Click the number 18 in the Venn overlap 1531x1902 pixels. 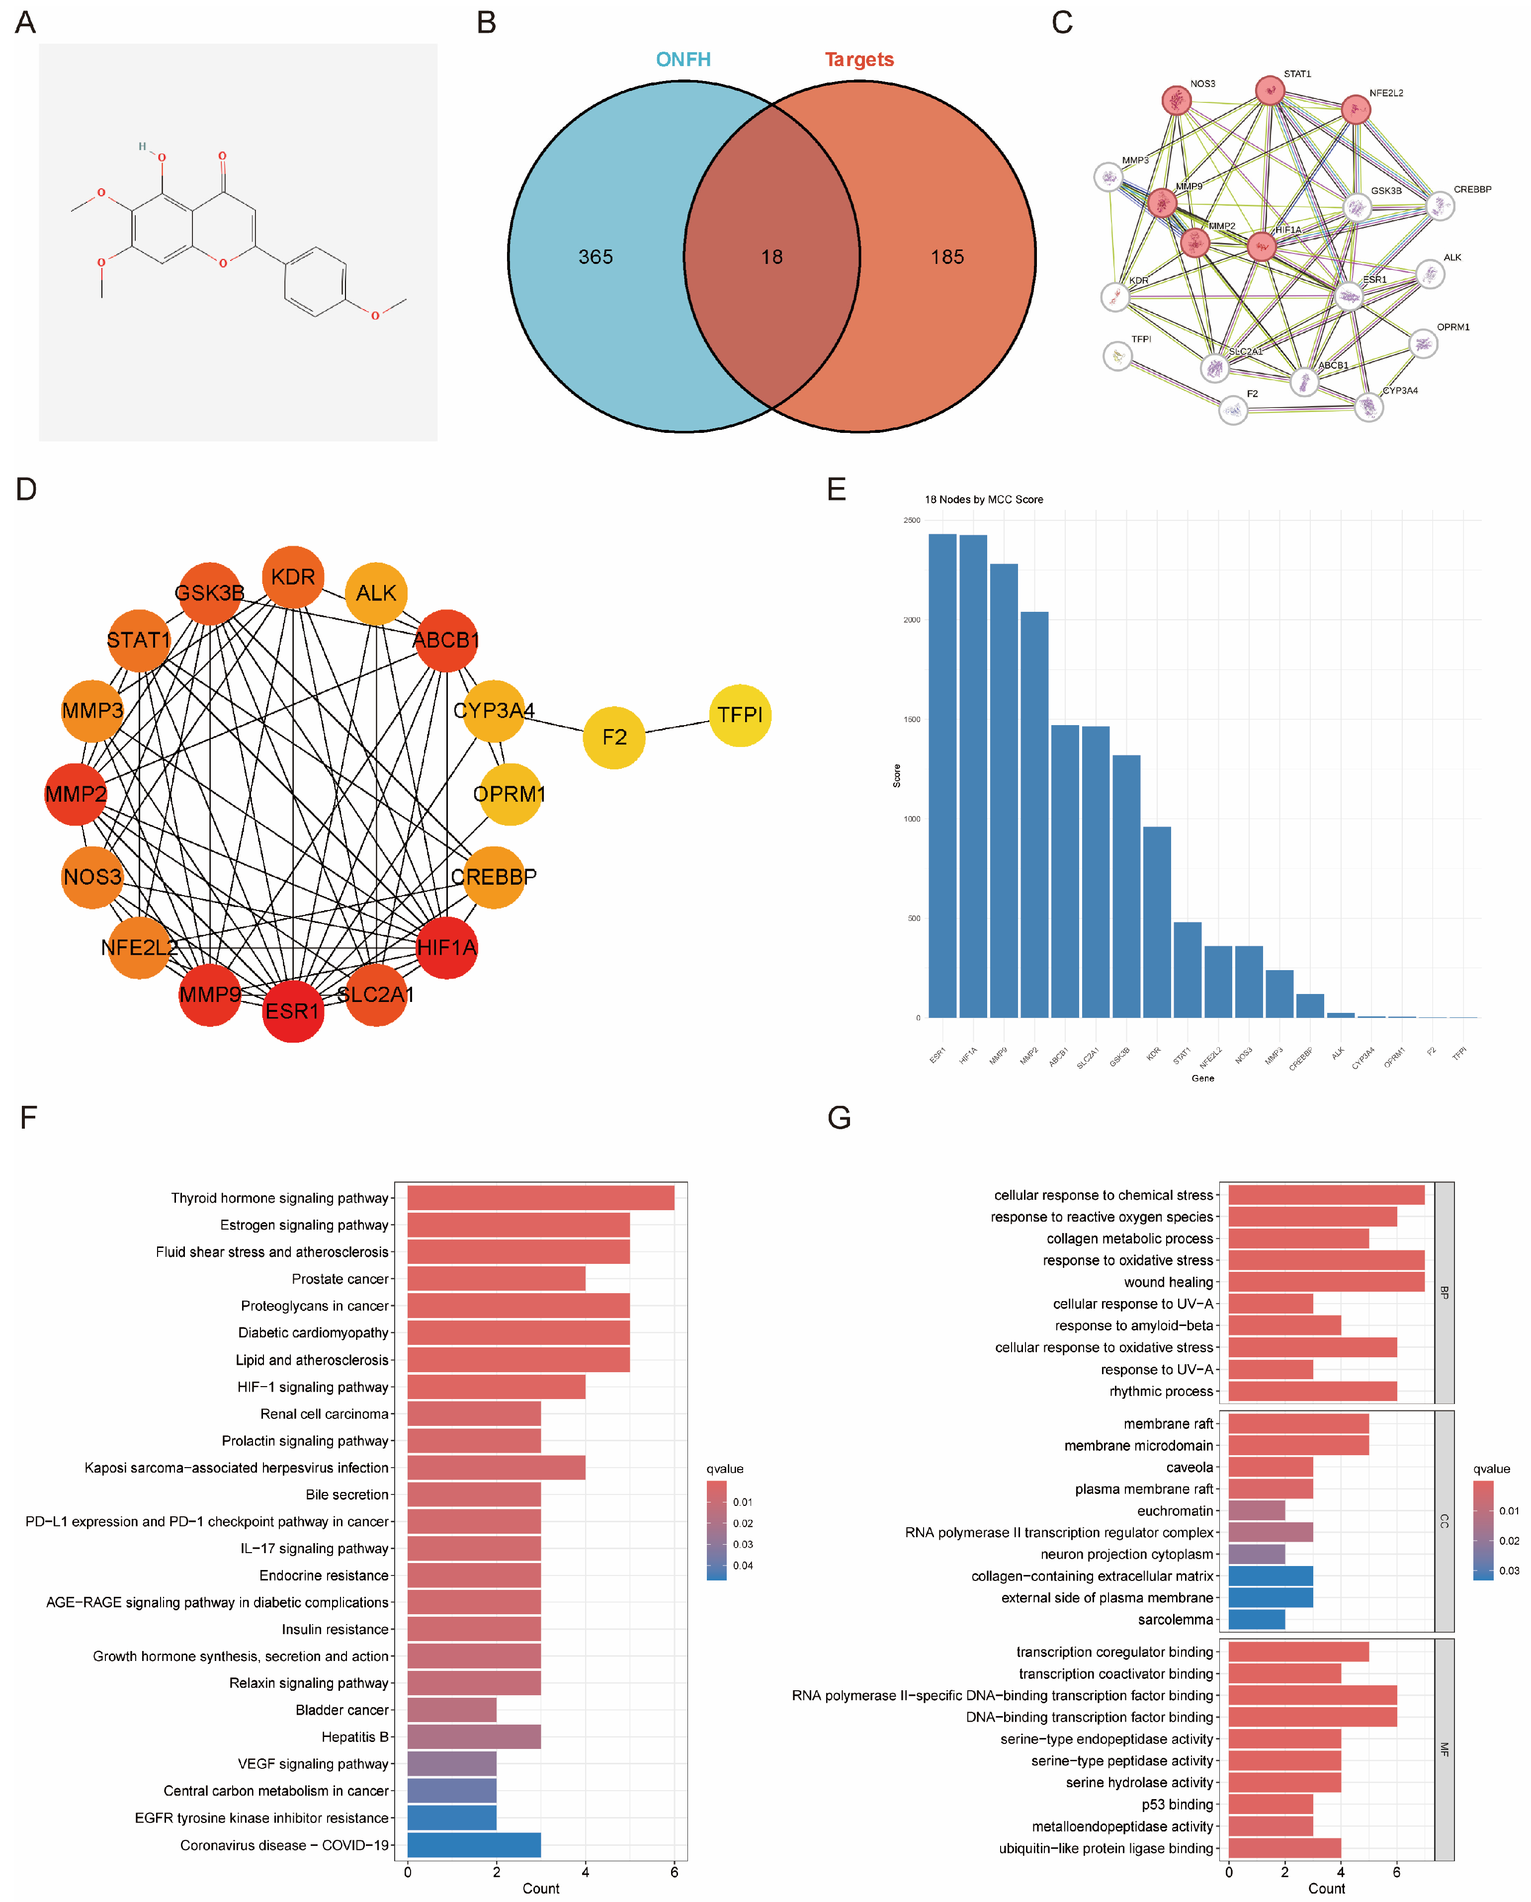point(771,257)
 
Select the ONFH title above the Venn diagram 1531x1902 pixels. point(683,59)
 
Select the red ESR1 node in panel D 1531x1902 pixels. point(293,1011)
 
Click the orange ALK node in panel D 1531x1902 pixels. point(376,593)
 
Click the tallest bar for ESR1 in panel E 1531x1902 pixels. point(942,776)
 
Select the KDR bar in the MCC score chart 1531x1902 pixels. point(1156,922)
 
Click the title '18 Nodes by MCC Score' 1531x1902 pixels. point(983,499)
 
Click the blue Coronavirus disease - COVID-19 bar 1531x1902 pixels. point(474,1845)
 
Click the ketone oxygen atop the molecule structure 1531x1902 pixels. point(222,156)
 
